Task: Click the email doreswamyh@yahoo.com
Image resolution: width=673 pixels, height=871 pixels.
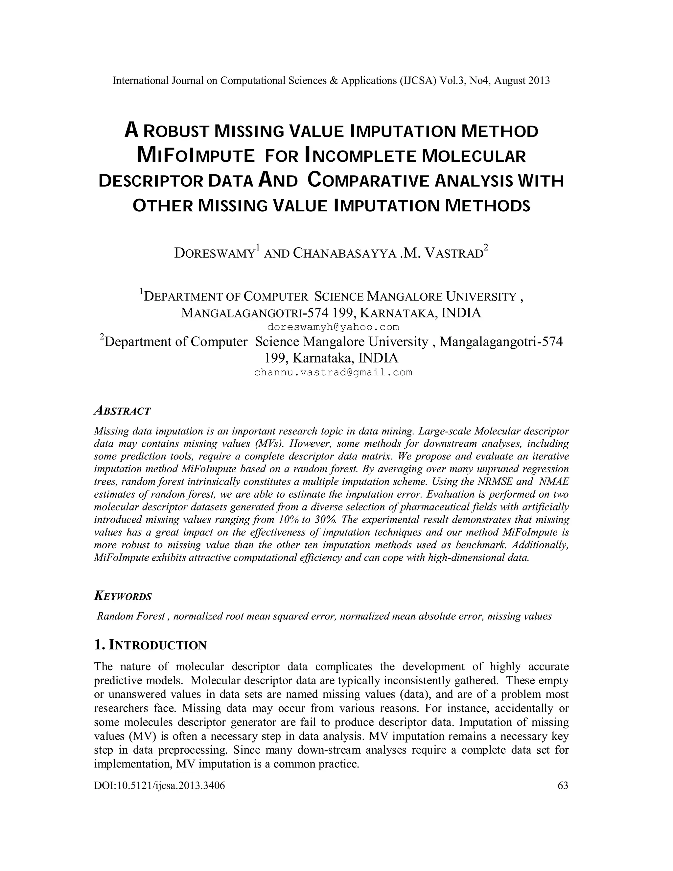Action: click(333, 327)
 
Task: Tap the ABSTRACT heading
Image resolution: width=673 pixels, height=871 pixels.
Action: click(122, 411)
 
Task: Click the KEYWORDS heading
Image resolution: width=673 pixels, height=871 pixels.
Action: click(123, 596)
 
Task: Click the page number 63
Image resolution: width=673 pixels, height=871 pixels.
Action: click(563, 786)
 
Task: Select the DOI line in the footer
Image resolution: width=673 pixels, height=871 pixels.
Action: click(159, 786)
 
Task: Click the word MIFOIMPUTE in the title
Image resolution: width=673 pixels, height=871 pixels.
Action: click(196, 155)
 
